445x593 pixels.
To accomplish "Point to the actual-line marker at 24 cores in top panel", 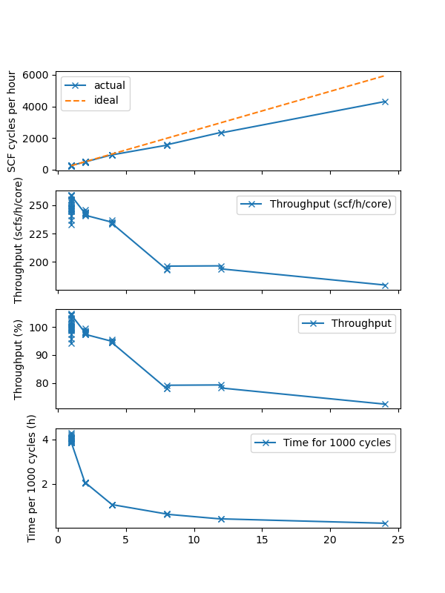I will [385, 102].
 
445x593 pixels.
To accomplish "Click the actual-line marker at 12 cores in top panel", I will [221, 133].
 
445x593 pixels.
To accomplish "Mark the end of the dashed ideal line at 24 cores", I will [385, 76].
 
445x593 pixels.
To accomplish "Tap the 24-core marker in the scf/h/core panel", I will [385, 285].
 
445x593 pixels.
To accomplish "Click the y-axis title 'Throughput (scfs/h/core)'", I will [19, 240].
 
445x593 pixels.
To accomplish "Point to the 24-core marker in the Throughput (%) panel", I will [385, 404].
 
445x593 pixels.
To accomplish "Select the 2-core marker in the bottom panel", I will [85, 483].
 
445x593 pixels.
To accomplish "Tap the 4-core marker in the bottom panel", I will [113, 505].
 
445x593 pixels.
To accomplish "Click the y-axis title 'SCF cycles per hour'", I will [13, 122].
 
